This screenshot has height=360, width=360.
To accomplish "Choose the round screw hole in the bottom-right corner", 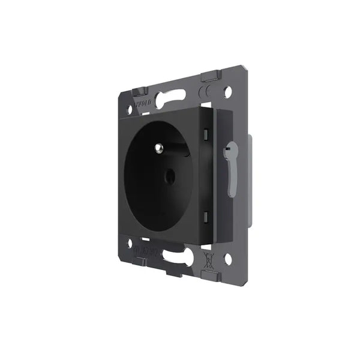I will (x=227, y=260).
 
